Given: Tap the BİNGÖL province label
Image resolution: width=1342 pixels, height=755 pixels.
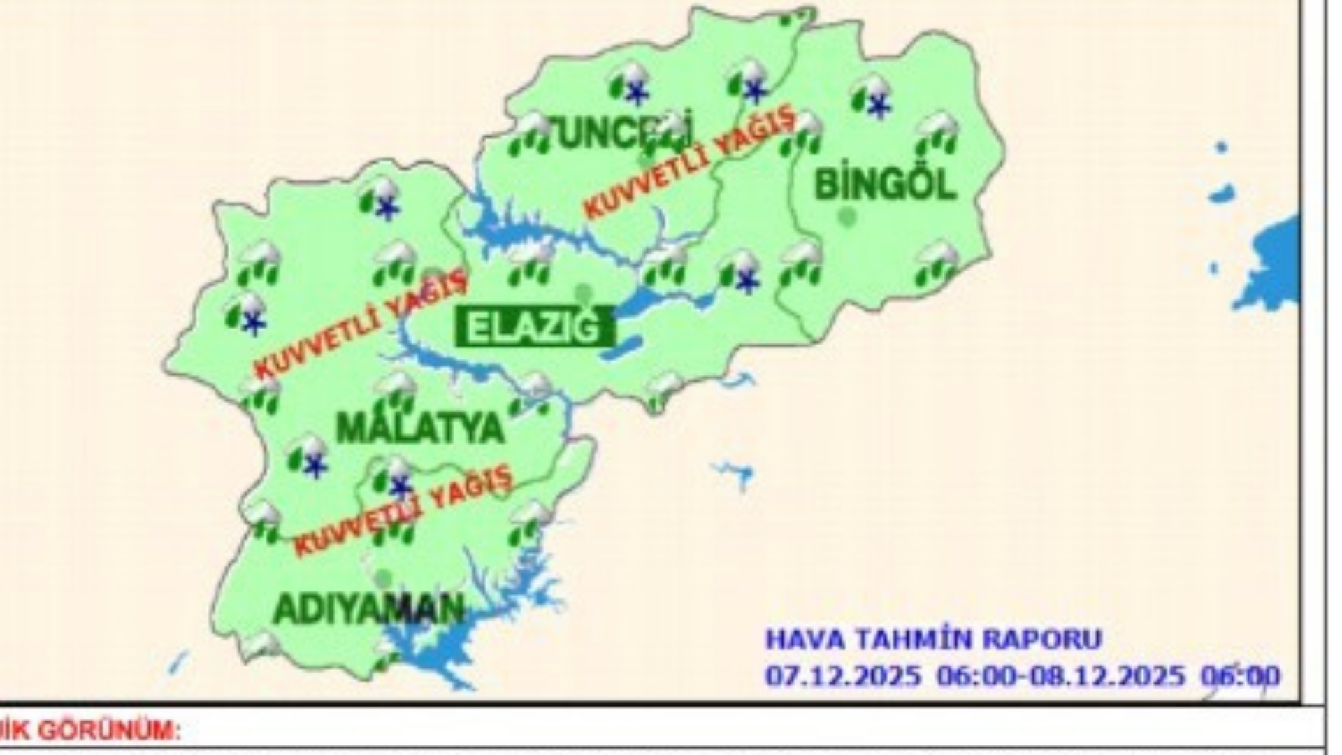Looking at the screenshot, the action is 885,185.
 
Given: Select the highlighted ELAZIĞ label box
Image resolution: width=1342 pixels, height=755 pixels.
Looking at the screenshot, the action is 535,327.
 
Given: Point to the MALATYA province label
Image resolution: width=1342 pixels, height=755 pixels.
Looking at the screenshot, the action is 420,428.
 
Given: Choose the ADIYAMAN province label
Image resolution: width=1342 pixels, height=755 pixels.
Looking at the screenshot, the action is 368,609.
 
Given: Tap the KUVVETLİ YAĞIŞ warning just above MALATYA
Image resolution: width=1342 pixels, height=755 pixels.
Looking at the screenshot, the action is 360,323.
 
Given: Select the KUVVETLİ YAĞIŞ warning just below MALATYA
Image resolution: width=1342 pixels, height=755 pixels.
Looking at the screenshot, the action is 403,511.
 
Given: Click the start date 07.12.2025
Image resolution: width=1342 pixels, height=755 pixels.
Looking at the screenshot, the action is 843,676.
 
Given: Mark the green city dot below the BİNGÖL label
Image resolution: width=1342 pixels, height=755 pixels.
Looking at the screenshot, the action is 847,217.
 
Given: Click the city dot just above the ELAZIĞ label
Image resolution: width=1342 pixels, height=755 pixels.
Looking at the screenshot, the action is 582,292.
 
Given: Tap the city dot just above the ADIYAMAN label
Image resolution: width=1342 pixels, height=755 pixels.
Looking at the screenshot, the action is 382,578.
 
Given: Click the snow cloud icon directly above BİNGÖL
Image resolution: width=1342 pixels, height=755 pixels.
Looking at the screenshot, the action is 871,97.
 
